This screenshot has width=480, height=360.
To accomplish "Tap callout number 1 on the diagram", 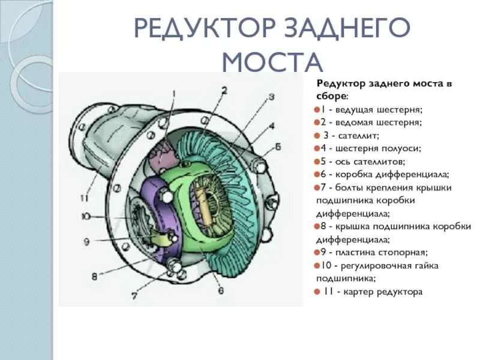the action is click(x=175, y=93).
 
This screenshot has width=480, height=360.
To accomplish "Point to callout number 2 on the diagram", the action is click(x=223, y=91).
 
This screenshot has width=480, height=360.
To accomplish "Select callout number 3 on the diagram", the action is click(x=271, y=97).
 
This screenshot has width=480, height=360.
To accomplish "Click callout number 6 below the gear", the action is click(x=220, y=292).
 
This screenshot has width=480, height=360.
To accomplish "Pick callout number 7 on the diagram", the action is click(x=134, y=296).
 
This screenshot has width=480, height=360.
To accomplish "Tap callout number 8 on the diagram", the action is click(x=94, y=277).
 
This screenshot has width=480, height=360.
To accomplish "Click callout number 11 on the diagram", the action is click(x=86, y=198).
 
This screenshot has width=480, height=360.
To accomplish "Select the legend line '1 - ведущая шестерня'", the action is click(x=371, y=110).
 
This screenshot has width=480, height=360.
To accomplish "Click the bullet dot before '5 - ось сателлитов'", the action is click(x=316, y=161).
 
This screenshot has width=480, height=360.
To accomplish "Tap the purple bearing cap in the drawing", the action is click(x=157, y=216).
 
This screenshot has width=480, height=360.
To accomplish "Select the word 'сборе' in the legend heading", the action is click(x=331, y=96).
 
